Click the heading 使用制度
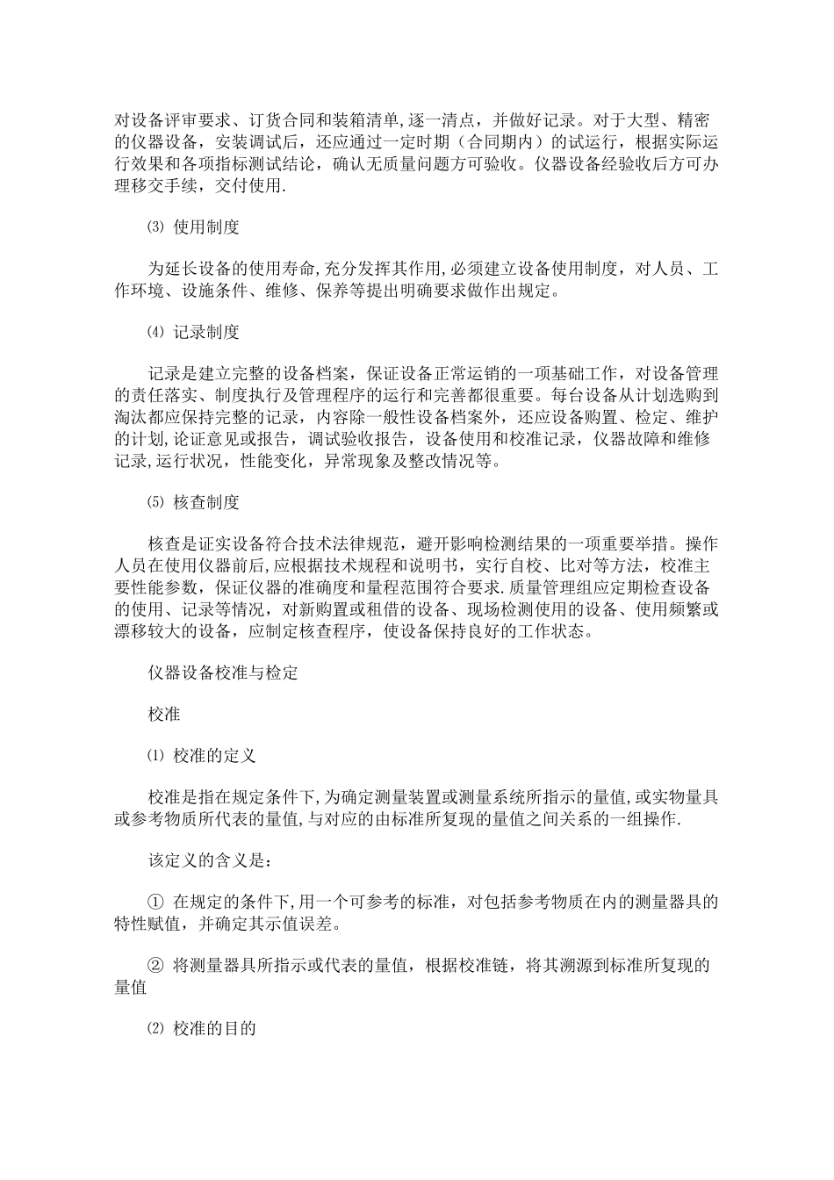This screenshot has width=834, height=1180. [206, 227]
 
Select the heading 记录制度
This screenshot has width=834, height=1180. [206, 333]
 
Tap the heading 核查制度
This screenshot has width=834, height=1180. [206, 502]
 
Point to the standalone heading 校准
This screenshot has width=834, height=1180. [164, 714]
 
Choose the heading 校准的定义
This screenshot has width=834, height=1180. [214, 755]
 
